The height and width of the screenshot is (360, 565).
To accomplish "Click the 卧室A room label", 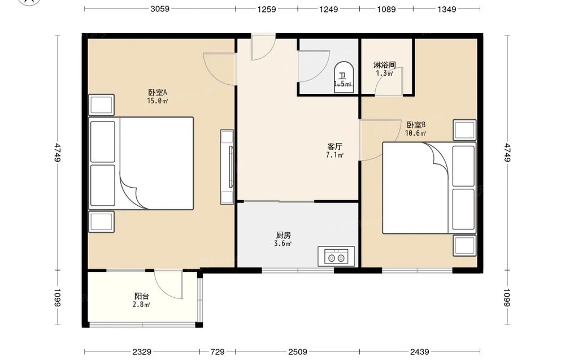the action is click(158, 93).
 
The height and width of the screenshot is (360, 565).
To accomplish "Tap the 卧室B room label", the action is click(416, 125).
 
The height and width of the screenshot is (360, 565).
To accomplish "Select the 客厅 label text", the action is click(334, 147).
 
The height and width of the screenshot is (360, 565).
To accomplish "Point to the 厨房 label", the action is click(283, 235).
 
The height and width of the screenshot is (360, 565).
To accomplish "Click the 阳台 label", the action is click(142, 296).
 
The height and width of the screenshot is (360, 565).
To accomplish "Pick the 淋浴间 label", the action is click(384, 65).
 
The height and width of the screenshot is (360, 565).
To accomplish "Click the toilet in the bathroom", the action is click(343, 77).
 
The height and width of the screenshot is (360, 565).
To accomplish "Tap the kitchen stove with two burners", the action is click(336, 256).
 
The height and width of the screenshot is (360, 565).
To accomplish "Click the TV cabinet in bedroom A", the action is click(227, 167).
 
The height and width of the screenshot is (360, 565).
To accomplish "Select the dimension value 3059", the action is click(160, 9).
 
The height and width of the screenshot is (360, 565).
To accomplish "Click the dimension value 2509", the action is click(298, 352).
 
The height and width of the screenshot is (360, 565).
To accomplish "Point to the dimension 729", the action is click(218, 352).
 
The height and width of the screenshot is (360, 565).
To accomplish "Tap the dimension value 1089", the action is click(386, 9).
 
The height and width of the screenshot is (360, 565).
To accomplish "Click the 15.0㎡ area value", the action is click(158, 101).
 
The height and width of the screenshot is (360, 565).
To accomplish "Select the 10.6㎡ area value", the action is click(416, 133).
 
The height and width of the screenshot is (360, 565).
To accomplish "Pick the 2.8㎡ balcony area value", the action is click(141, 305).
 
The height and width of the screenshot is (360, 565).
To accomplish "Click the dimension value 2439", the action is click(419, 352).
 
